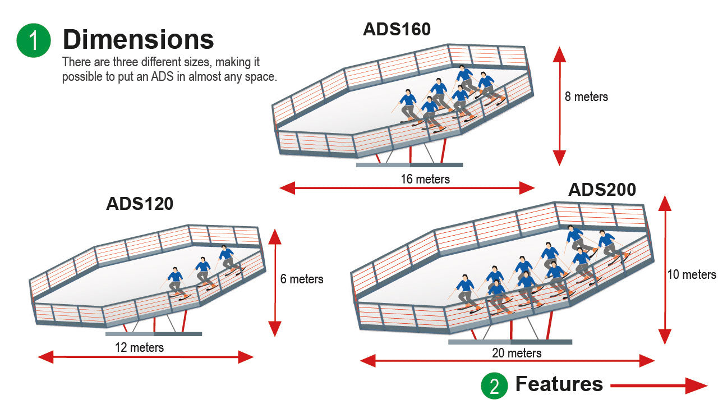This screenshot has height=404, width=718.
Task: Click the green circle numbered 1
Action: [x=34, y=40]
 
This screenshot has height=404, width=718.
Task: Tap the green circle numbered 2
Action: [x=494, y=385]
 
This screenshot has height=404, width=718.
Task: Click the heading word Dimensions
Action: [x=138, y=40]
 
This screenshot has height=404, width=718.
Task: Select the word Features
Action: [x=559, y=384]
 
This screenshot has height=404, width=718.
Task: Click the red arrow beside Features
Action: [x=659, y=385]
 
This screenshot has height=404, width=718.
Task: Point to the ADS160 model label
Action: [x=397, y=29]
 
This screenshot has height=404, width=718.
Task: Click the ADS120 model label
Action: [x=139, y=204]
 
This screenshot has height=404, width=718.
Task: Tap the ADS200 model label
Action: [x=602, y=190]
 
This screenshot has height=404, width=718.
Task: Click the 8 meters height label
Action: [x=586, y=97]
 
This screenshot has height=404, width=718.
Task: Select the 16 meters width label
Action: [x=425, y=179]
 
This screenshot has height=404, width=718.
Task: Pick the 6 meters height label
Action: [x=302, y=278]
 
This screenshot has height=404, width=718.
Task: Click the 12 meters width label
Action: [x=139, y=347]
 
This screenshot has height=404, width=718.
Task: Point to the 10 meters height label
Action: [x=692, y=274]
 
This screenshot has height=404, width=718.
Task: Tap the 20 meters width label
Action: [x=517, y=353]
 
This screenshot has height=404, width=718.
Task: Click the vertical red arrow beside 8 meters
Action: [x=559, y=106]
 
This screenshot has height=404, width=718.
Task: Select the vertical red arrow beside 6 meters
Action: [x=274, y=283]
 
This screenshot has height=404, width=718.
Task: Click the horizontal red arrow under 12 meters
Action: [x=146, y=357]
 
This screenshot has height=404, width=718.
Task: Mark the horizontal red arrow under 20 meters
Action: [x=507, y=361]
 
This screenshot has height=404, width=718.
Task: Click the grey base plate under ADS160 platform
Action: [x=409, y=165]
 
